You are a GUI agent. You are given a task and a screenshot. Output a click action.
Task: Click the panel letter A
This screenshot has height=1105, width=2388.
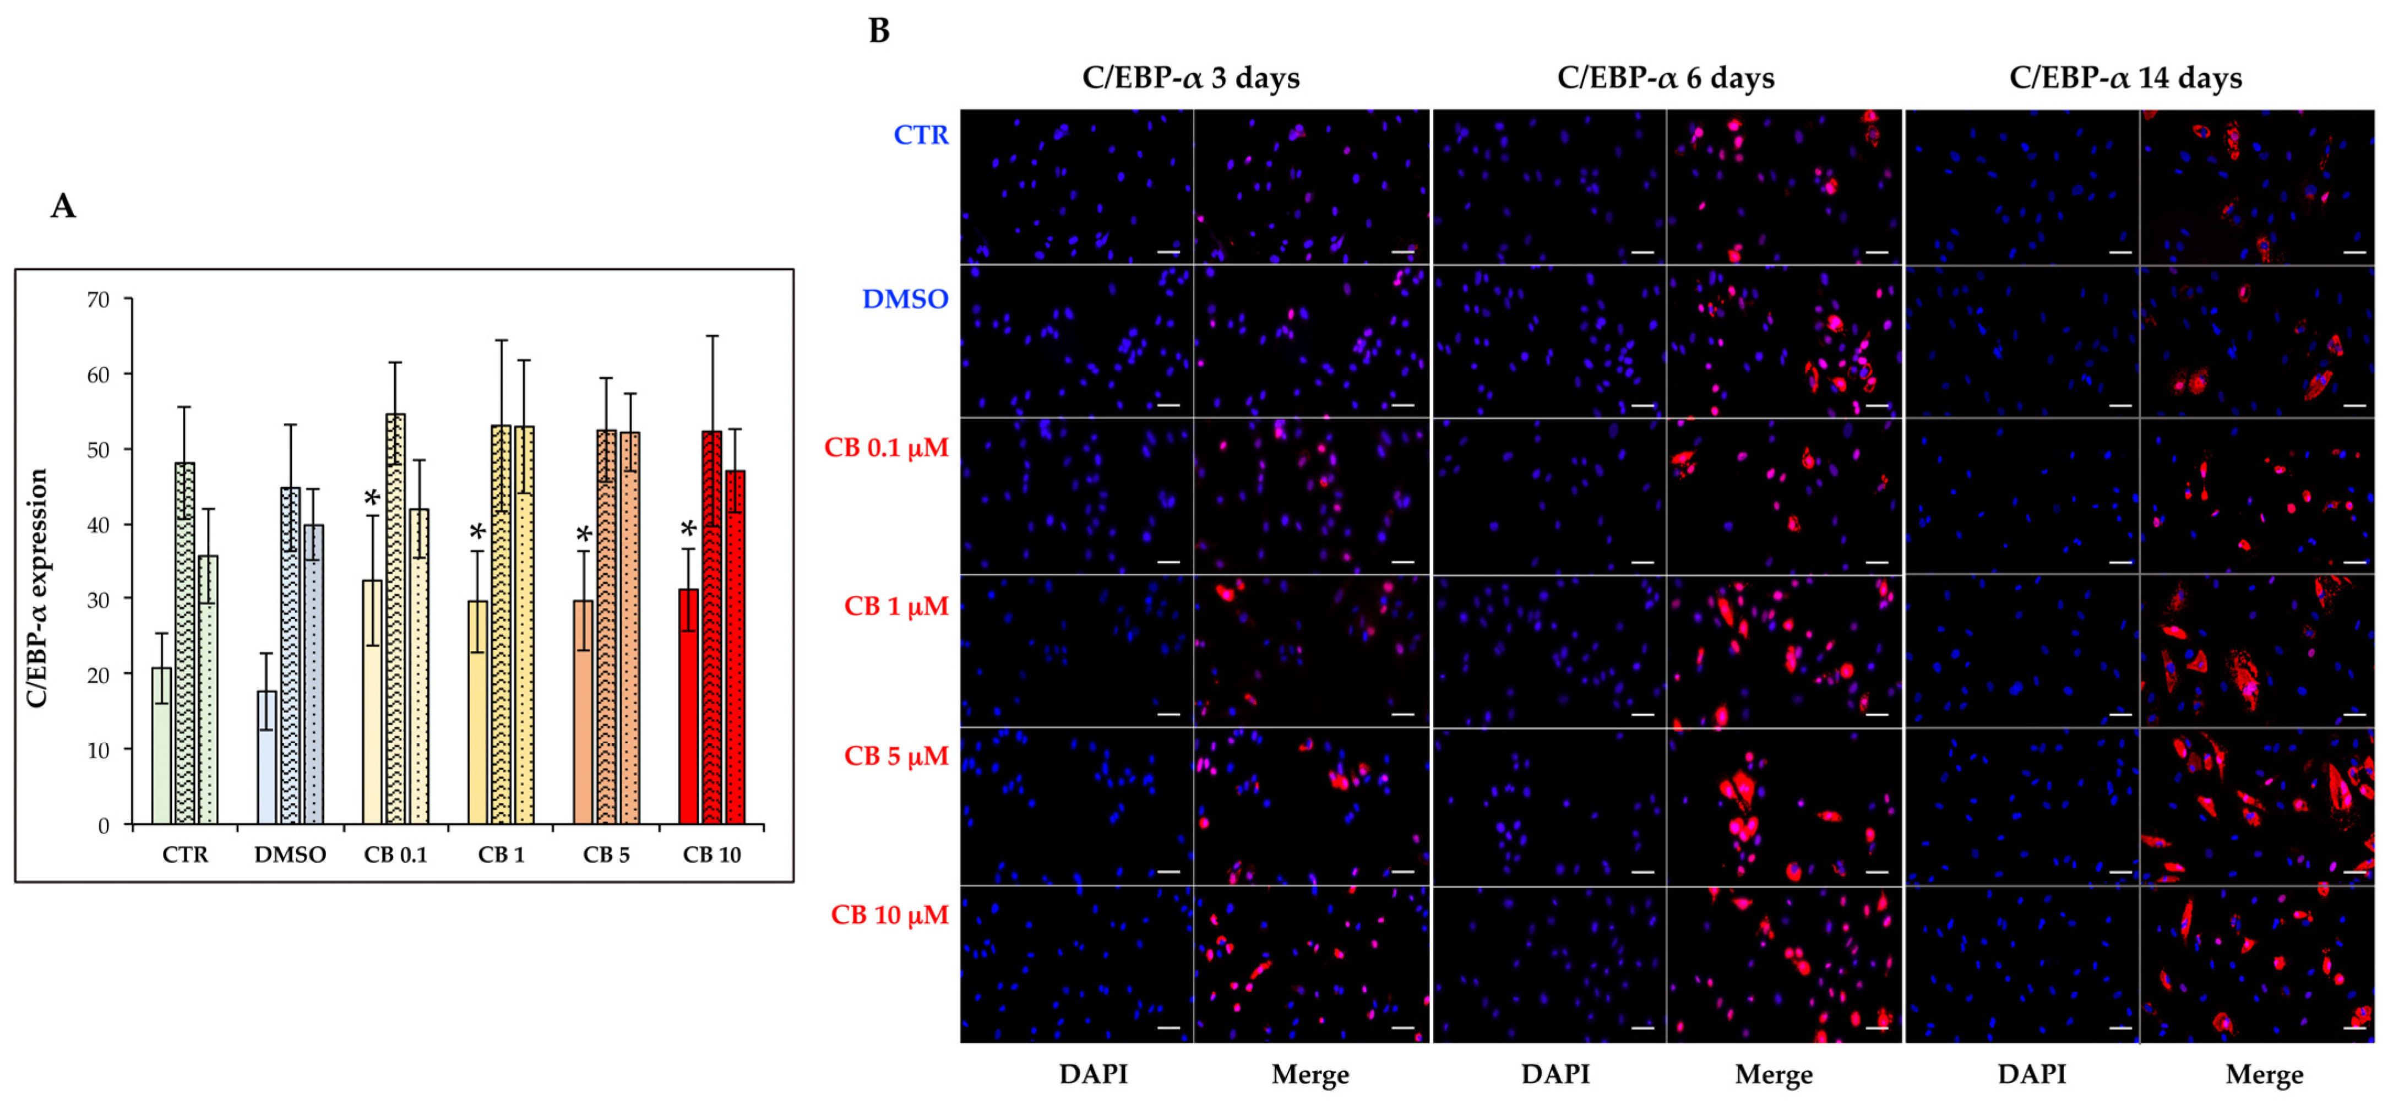click(63, 206)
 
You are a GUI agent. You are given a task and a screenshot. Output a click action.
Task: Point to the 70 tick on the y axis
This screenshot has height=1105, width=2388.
click(97, 300)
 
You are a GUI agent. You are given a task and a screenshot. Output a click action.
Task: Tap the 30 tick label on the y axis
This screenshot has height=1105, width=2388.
click(97, 600)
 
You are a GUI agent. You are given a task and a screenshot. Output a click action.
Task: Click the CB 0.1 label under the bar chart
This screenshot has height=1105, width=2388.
click(396, 854)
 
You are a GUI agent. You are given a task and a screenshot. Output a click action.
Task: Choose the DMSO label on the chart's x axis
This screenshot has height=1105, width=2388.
click(290, 854)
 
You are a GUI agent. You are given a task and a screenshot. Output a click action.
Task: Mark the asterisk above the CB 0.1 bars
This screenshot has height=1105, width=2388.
click(372, 499)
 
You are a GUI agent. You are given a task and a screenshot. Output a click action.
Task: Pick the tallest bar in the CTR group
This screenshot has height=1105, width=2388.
click(184, 644)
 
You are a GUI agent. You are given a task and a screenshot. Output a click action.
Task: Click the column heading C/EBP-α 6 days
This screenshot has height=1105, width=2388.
click(1665, 78)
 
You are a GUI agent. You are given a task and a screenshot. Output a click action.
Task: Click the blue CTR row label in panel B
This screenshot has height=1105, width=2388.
click(921, 135)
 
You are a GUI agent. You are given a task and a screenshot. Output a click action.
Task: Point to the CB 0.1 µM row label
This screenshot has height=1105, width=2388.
click(886, 448)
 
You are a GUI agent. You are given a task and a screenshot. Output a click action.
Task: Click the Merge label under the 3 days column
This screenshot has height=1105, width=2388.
click(1310, 1074)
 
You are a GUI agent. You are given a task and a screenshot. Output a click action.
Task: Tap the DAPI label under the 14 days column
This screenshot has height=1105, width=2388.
click(2031, 1074)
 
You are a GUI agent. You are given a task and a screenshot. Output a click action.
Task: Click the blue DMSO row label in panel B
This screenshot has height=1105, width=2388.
click(905, 300)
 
